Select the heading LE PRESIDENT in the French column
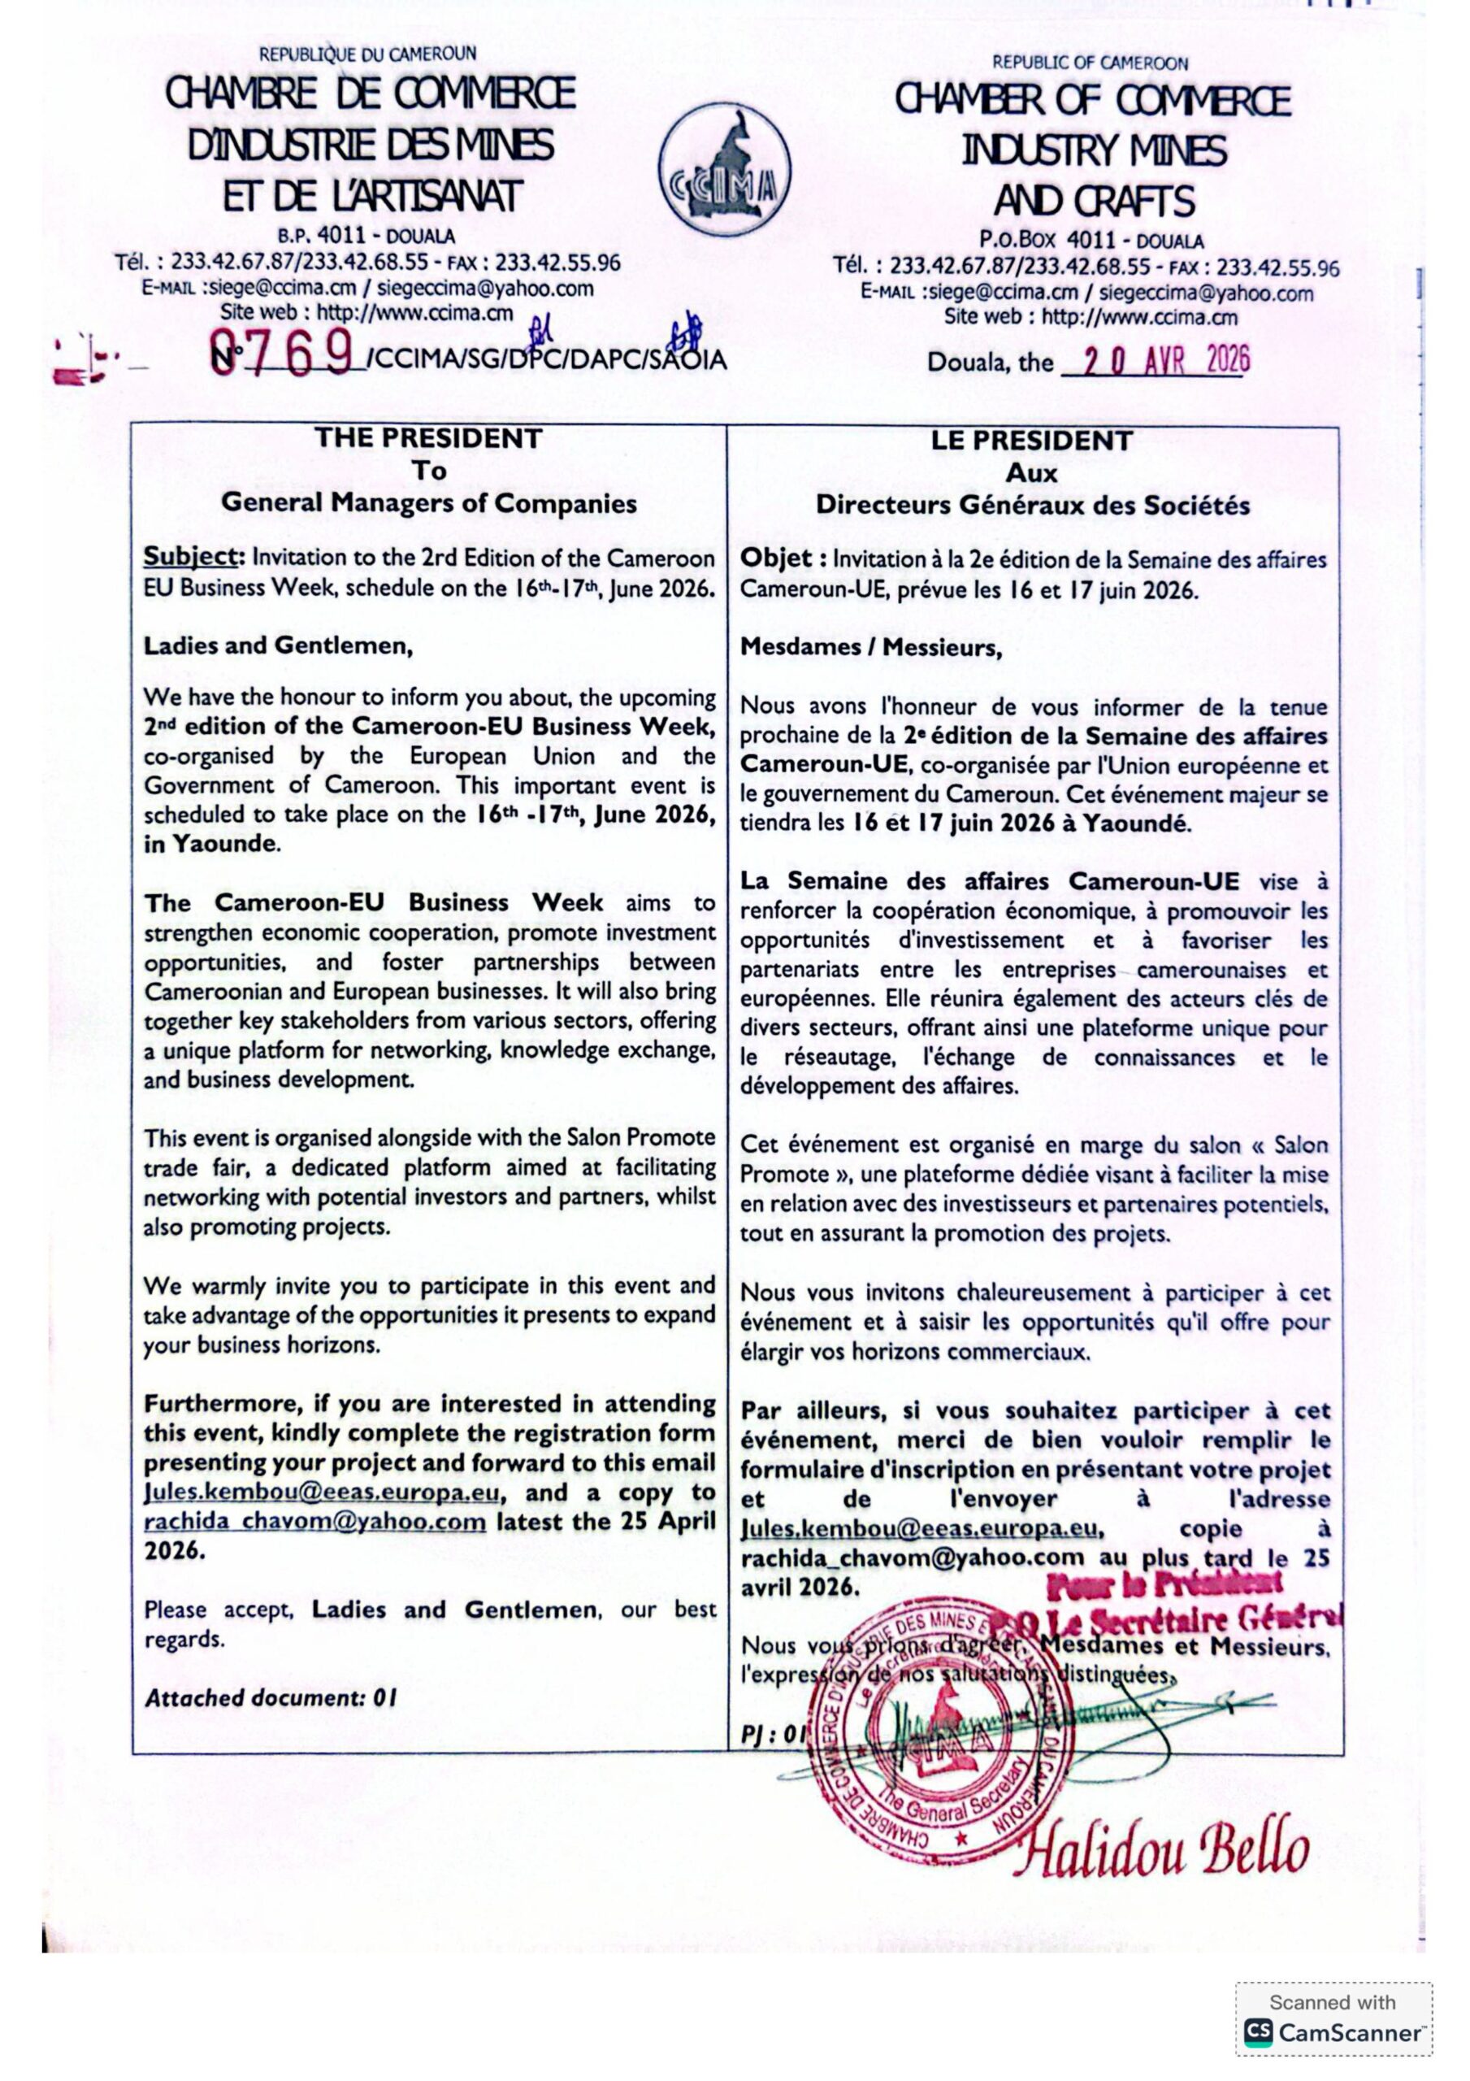pyautogui.click(x=1031, y=441)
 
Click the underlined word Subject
pyautogui.click(x=193, y=558)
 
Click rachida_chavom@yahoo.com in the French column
pyautogui.click(x=912, y=1557)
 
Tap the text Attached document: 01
pyautogui.click(x=270, y=1698)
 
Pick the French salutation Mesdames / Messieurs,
pyautogui.click(x=871, y=648)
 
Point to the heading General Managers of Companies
pyautogui.click(x=429, y=503)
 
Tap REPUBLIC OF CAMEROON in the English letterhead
pyautogui.click(x=1090, y=63)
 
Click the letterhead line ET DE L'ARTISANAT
pyautogui.click(x=372, y=197)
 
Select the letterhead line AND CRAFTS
pyautogui.click(x=1093, y=202)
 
